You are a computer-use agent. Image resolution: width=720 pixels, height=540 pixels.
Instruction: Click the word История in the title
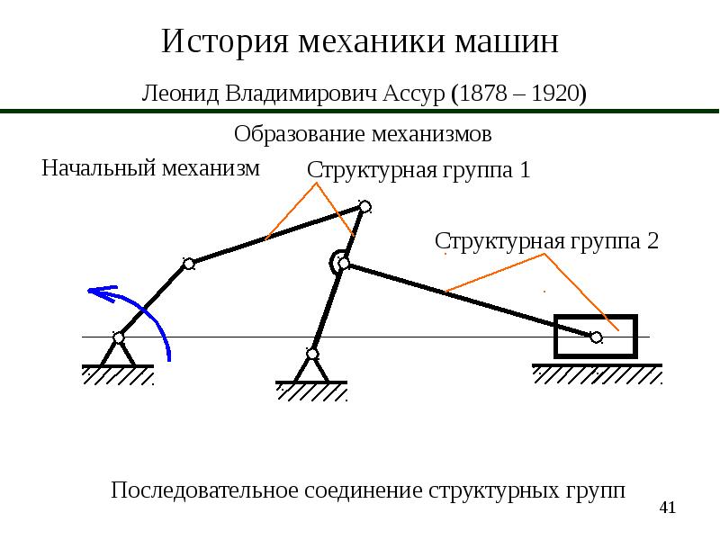tap(224, 41)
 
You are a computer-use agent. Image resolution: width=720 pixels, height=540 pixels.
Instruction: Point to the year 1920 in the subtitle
tap(556, 93)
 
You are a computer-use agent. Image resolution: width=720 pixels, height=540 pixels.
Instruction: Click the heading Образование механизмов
tap(363, 134)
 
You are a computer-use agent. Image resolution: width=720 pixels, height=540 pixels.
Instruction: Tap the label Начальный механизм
tap(150, 167)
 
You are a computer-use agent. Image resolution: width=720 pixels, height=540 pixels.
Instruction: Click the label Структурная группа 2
tap(547, 241)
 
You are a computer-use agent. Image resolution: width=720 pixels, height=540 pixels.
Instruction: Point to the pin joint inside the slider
tap(596, 337)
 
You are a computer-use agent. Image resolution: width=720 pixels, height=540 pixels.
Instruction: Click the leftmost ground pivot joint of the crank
tap(118, 337)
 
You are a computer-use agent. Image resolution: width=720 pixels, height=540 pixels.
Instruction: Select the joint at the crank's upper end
tap(189, 264)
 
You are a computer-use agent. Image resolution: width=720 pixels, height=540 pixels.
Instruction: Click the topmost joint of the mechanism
tap(364, 207)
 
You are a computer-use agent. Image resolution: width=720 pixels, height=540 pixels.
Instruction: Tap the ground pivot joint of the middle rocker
tap(312, 354)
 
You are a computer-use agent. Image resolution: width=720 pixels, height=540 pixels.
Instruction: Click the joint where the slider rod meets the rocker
tap(343, 264)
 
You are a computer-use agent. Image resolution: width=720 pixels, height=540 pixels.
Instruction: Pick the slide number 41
tap(667, 508)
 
